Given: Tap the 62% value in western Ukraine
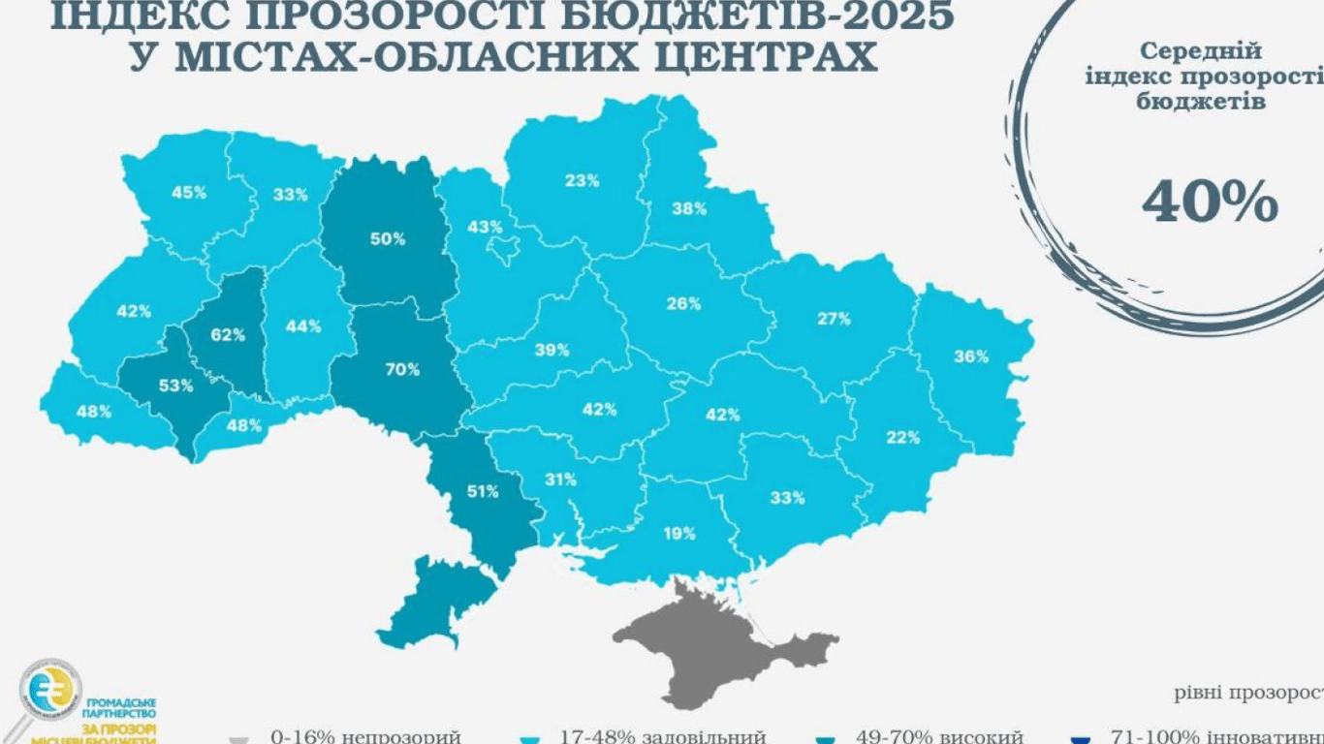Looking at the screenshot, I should click(228, 335).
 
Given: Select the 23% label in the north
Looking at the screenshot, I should click(583, 180).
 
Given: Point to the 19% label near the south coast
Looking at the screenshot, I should click(679, 533).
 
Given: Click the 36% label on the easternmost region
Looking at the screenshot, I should click(970, 356).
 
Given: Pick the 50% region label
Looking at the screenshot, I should click(388, 238).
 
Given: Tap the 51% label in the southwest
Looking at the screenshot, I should click(483, 491).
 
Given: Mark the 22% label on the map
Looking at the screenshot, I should click(902, 437).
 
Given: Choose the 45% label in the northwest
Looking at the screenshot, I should click(189, 192).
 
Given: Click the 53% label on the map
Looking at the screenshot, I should click(176, 386).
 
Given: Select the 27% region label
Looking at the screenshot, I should click(833, 318).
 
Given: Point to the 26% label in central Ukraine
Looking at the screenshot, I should click(683, 303).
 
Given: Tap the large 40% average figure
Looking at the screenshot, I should click(1210, 201).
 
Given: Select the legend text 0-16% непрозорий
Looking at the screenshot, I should click(365, 736).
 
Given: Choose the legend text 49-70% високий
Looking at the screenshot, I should click(939, 736).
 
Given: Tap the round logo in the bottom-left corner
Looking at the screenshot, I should click(50, 692).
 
